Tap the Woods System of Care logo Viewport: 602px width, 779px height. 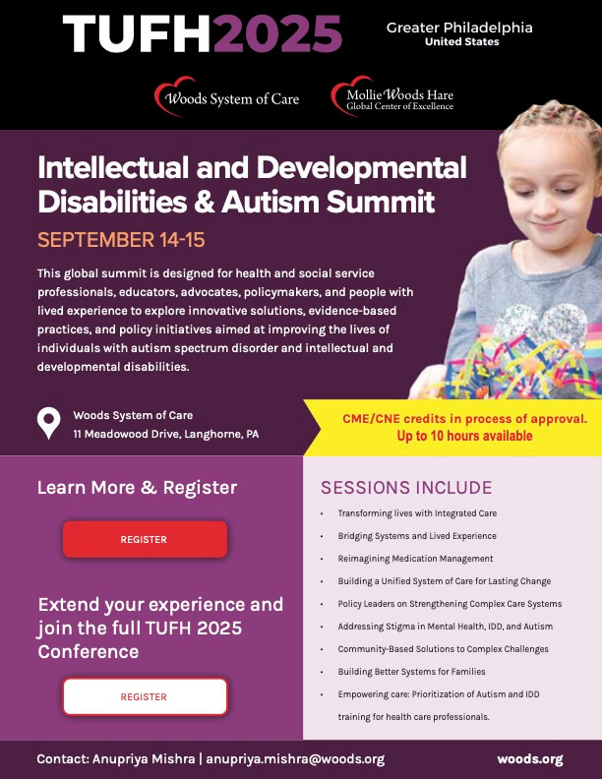pos(226,98)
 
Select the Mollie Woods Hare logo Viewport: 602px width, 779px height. pos(392,98)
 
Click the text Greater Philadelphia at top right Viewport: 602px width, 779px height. pos(459,28)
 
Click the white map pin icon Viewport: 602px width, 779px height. pos(48,423)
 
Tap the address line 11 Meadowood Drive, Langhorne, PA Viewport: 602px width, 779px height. pos(165,434)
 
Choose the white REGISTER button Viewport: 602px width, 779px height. pos(145,696)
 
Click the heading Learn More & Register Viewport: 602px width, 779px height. pos(137,487)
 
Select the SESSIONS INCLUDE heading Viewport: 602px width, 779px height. pos(406,488)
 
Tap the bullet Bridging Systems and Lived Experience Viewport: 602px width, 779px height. pos(417,536)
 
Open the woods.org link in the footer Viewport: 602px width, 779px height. pos(530,759)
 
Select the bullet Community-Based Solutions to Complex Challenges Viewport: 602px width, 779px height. pos(443,649)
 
